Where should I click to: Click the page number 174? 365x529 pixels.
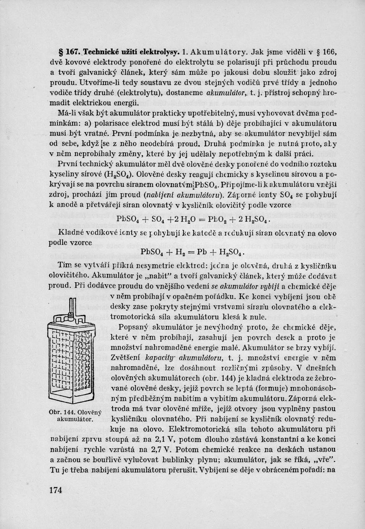click(x=56, y=490)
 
